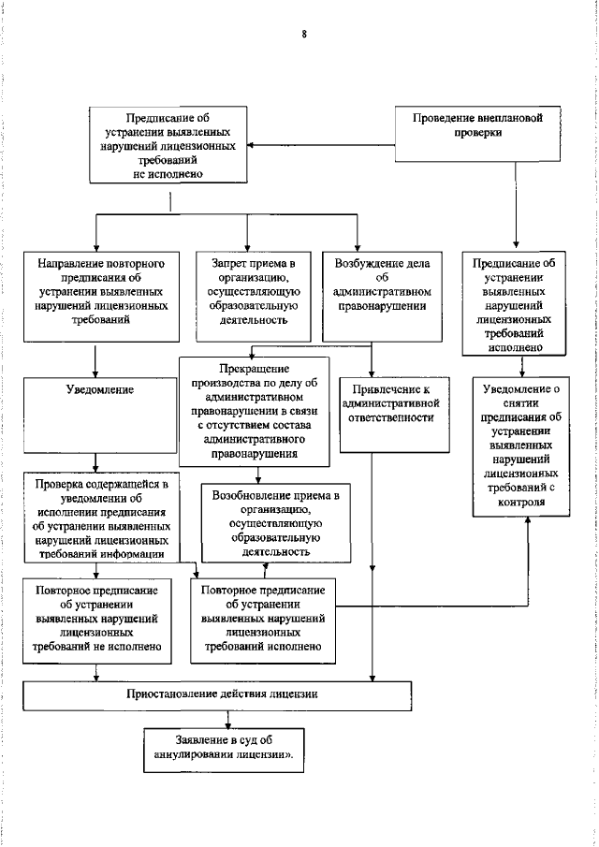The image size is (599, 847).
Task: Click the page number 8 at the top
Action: tap(303, 35)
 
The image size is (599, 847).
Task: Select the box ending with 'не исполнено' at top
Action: tap(168, 146)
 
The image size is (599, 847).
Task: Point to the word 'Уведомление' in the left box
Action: tap(96, 388)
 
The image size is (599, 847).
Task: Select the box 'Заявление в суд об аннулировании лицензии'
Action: tap(225, 745)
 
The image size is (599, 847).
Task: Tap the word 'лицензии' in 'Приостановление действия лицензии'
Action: tap(292, 694)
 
